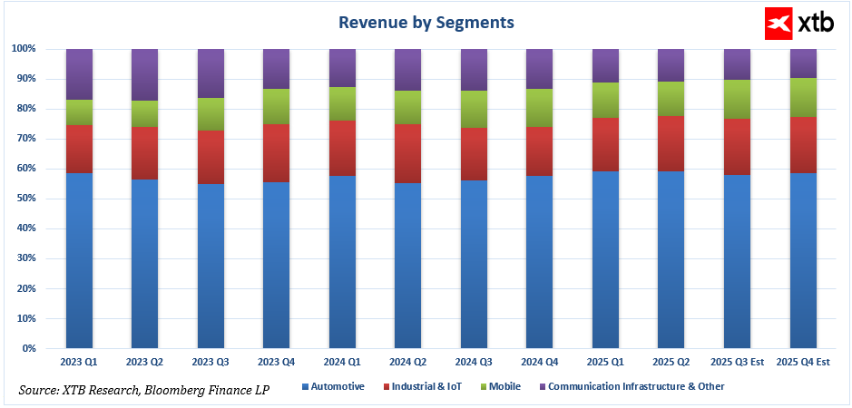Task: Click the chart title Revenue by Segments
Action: click(x=426, y=22)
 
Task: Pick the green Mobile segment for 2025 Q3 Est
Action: click(x=736, y=100)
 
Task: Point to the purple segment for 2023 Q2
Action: click(x=144, y=74)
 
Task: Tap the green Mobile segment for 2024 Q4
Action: click(x=539, y=107)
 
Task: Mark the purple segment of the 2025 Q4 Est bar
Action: click(x=802, y=63)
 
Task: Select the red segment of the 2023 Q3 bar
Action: click(x=211, y=157)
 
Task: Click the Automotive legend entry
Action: click(x=332, y=386)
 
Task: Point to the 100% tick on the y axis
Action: click(x=24, y=49)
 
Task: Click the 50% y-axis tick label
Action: click(x=26, y=199)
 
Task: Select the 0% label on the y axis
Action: click(x=29, y=349)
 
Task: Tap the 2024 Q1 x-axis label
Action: click(x=342, y=363)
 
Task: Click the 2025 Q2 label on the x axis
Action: click(x=671, y=363)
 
